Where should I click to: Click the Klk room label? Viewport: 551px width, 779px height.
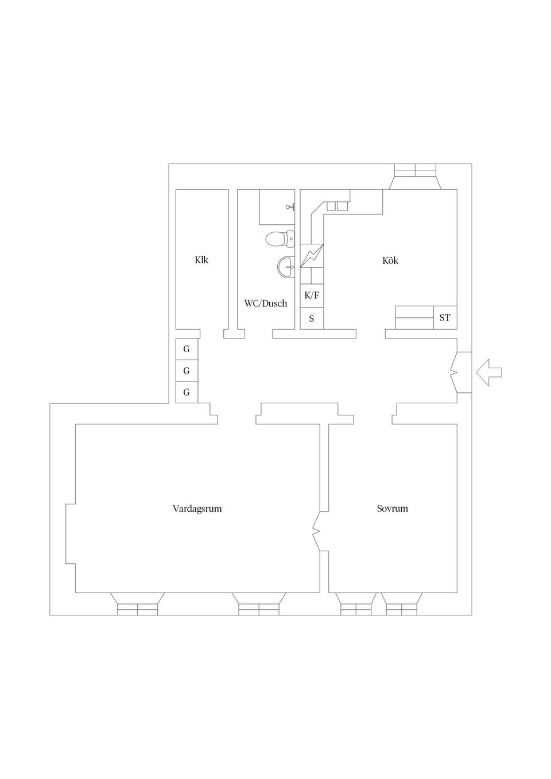pyautogui.click(x=201, y=260)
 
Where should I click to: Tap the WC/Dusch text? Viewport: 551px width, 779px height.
pyautogui.click(x=266, y=303)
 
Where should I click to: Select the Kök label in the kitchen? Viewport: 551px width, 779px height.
pyautogui.click(x=390, y=260)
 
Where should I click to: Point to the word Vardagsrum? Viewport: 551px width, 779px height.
pyautogui.click(x=197, y=508)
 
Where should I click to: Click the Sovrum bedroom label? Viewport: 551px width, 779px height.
pyautogui.click(x=393, y=508)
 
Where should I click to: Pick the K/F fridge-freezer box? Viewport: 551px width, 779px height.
pyautogui.click(x=312, y=296)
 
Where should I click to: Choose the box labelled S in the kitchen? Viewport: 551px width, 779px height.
pyautogui.click(x=312, y=318)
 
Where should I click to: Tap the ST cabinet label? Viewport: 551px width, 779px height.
pyautogui.click(x=445, y=317)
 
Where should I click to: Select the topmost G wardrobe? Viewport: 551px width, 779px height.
pyautogui.click(x=187, y=349)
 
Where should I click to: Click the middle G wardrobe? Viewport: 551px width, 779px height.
pyautogui.click(x=187, y=371)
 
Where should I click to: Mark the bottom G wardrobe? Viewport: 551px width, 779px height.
pyautogui.click(x=187, y=392)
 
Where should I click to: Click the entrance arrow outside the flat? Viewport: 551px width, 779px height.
pyautogui.click(x=488, y=372)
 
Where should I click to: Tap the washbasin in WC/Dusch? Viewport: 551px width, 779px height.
pyautogui.click(x=286, y=266)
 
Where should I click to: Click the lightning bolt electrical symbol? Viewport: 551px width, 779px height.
pyautogui.click(x=312, y=256)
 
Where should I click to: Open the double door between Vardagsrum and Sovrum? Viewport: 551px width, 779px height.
pyautogui.click(x=317, y=531)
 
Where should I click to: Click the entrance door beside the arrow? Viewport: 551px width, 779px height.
pyautogui.click(x=457, y=372)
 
